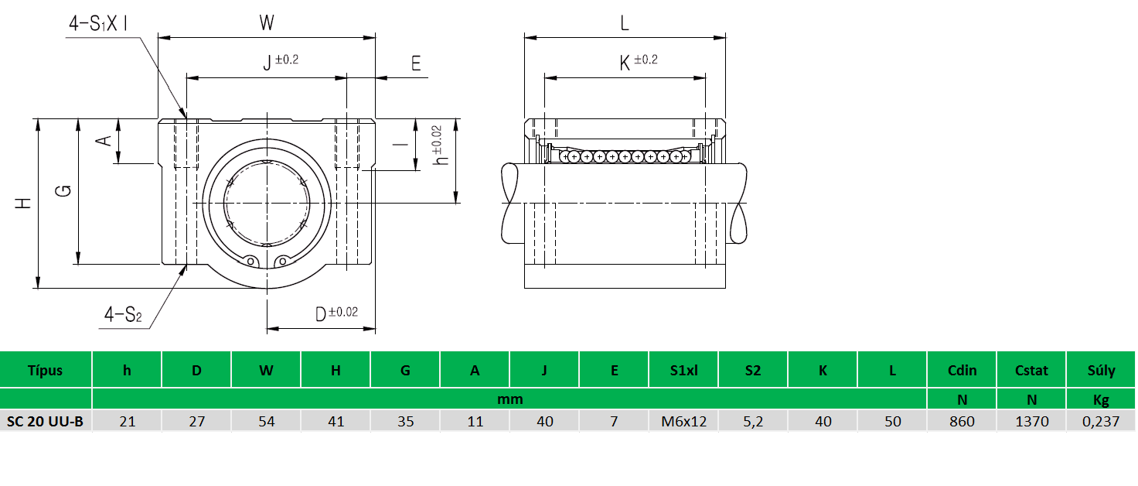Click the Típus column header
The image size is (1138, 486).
click(x=45, y=370)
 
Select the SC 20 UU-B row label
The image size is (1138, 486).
click(x=45, y=422)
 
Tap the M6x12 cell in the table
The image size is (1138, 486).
click(x=683, y=422)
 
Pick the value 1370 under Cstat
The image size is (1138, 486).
click(x=1031, y=422)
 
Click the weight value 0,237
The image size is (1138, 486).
click(x=1101, y=422)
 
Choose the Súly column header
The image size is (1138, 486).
click(x=1101, y=370)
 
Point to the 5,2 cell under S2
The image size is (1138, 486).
click(x=753, y=422)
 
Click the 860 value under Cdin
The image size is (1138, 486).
click(x=962, y=422)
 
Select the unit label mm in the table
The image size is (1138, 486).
click(x=510, y=399)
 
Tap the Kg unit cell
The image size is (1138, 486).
click(x=1101, y=400)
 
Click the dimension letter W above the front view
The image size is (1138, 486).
click(x=267, y=23)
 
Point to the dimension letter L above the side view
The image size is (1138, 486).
click(x=625, y=23)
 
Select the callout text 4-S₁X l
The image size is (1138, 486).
click(x=97, y=24)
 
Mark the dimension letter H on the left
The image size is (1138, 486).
click(x=24, y=204)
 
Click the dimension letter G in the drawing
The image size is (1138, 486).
click(x=66, y=190)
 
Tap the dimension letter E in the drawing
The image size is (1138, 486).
click(x=416, y=63)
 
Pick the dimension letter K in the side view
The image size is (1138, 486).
click(x=625, y=63)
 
